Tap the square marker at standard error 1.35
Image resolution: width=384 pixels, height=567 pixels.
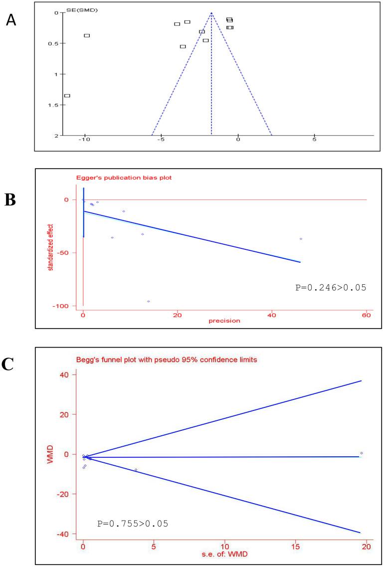(67, 95)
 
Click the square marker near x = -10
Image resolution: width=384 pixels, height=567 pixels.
(87, 35)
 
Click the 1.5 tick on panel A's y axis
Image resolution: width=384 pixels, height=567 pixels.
(55, 105)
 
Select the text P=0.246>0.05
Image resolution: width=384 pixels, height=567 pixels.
(329, 288)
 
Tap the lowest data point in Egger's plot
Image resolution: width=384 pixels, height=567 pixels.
(149, 301)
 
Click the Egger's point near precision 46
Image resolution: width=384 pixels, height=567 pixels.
(301, 239)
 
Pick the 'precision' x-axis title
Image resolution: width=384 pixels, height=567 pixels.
(224, 321)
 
